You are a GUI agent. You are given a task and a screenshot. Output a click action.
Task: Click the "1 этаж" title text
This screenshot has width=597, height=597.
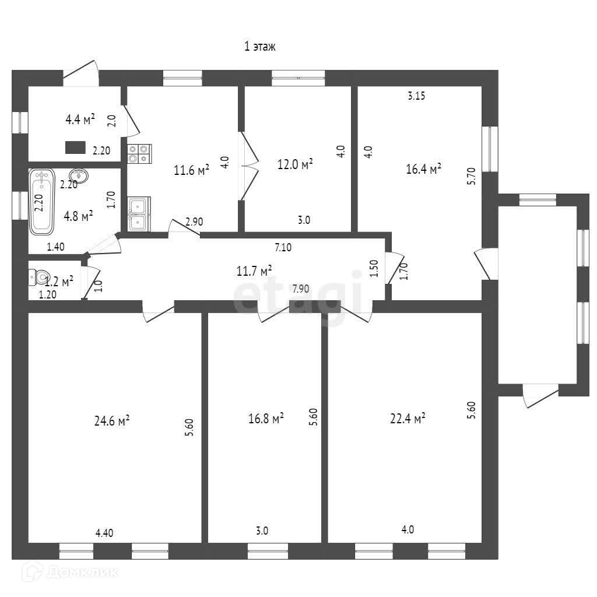[x=259, y=47]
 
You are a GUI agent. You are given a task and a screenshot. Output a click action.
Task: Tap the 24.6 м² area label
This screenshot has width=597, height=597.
[x=112, y=421]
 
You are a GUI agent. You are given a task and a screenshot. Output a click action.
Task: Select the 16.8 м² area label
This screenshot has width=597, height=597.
[x=266, y=419]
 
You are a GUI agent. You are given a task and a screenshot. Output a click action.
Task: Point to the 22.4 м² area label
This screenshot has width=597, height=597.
[x=408, y=419]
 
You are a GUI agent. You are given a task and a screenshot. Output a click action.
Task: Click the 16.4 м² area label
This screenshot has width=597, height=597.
[x=424, y=168]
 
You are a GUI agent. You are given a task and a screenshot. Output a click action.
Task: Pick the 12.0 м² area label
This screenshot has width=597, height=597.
[x=295, y=164]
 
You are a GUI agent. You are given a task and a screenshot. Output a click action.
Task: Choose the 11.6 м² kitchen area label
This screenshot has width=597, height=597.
[x=191, y=170]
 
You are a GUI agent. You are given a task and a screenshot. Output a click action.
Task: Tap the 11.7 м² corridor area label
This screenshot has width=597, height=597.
[x=254, y=271]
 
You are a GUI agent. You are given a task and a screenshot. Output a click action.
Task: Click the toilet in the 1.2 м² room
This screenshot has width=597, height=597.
[x=39, y=278]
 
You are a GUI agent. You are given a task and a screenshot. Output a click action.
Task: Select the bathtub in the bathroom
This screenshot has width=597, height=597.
[x=42, y=201]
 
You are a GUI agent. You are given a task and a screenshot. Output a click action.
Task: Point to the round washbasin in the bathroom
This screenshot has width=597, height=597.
[x=79, y=176]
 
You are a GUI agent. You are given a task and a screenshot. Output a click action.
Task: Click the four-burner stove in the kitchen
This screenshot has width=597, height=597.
[x=139, y=154]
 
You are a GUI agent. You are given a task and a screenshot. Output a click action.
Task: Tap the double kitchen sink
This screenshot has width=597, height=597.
[x=139, y=214]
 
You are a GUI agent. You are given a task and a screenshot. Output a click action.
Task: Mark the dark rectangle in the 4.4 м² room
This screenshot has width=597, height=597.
[x=75, y=148]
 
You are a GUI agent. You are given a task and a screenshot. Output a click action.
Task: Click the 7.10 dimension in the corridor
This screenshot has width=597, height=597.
[x=283, y=247]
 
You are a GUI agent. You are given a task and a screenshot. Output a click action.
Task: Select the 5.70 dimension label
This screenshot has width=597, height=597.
[x=471, y=176]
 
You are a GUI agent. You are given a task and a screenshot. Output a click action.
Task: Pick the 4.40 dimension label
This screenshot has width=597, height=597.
[x=104, y=533]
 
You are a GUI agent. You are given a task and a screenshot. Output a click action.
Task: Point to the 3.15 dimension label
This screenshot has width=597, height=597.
[x=416, y=96]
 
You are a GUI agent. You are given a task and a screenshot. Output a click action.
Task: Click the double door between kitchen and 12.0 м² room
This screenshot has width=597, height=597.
[x=249, y=166]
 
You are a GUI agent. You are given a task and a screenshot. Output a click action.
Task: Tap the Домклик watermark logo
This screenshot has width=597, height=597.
[x=71, y=572]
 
